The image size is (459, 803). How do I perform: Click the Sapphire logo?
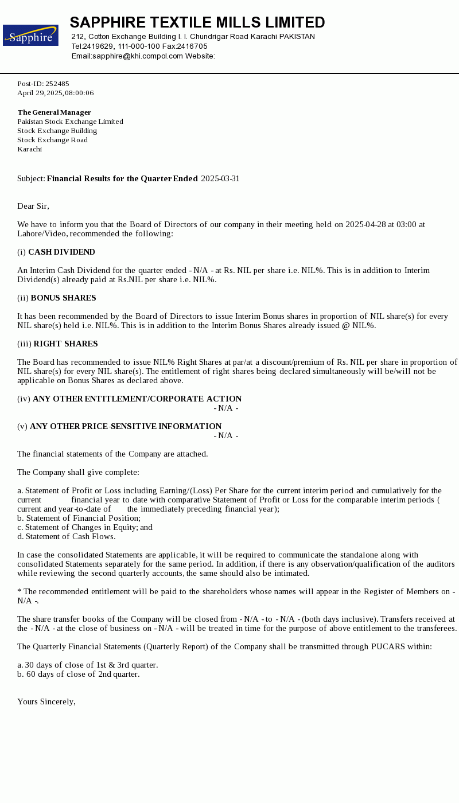[x=30, y=36]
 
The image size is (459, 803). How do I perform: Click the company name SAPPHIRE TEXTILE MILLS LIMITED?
[x=197, y=23]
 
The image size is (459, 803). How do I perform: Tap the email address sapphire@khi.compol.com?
[x=138, y=56]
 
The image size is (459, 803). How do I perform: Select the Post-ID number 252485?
[x=57, y=84]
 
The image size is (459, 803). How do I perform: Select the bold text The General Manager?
[x=54, y=112]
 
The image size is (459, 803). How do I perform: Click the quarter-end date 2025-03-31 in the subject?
[x=220, y=179]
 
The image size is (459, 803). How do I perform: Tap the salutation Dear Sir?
[x=33, y=206]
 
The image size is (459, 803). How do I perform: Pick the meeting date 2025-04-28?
[x=365, y=225]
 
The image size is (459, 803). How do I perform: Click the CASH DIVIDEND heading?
[x=61, y=252]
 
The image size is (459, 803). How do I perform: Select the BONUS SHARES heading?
[x=63, y=298]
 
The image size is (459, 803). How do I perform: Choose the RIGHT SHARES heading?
[x=65, y=344]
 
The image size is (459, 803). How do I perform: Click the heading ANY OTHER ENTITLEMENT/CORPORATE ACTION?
[x=137, y=399]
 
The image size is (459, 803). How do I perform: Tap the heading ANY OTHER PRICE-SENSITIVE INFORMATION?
[x=126, y=427]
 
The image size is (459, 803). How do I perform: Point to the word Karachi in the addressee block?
[x=30, y=149]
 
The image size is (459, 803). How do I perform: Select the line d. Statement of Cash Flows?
[x=67, y=537]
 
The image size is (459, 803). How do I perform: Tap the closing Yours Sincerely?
[x=46, y=702]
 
